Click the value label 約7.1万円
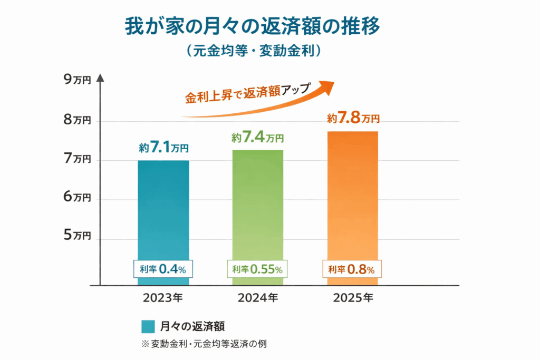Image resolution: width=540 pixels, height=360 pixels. point(163,148)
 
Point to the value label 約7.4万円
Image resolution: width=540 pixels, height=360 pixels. point(257,138)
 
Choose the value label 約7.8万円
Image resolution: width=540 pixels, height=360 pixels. point(353,119)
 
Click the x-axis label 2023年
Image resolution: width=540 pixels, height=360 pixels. point(163,298)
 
